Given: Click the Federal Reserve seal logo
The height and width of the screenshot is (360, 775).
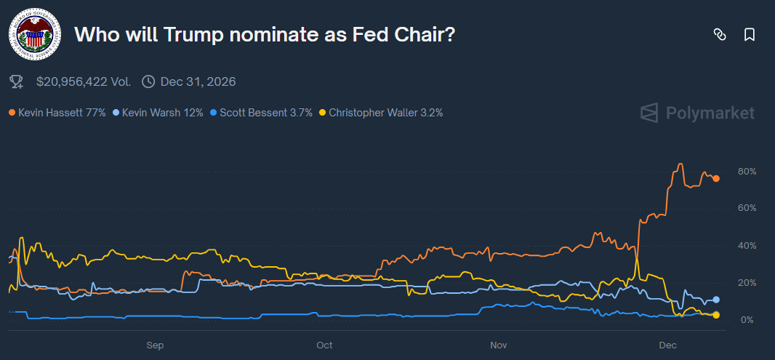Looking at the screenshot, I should [x=34, y=34].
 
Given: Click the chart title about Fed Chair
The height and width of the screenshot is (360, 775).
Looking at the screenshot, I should [x=265, y=34].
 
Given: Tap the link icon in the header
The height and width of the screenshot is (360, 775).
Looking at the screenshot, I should [x=720, y=34].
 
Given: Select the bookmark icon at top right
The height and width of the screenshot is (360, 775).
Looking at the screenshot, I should [x=750, y=34].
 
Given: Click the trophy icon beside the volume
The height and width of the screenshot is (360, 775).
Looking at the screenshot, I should [x=17, y=81].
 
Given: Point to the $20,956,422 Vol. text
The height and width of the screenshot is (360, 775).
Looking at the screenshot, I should [x=84, y=81].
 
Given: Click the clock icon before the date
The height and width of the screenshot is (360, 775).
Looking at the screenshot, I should [x=148, y=81].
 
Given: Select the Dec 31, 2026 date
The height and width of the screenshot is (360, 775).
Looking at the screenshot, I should [x=198, y=81].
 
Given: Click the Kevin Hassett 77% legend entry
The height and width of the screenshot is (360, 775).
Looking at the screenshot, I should [x=57, y=113].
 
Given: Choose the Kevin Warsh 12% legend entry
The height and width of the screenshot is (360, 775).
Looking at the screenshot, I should [x=158, y=113].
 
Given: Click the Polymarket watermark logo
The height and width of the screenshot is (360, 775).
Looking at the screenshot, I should [x=697, y=113].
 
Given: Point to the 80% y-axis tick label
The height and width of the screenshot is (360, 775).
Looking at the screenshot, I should [x=747, y=172].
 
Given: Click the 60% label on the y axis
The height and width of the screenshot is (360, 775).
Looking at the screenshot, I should [x=747, y=208].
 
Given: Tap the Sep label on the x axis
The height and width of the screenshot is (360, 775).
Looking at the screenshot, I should [x=154, y=344].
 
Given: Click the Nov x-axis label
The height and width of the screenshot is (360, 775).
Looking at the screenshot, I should [x=497, y=344].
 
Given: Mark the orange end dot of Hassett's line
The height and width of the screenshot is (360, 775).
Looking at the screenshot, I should [x=716, y=178].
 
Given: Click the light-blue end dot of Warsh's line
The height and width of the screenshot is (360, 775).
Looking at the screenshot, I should [x=716, y=300].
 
